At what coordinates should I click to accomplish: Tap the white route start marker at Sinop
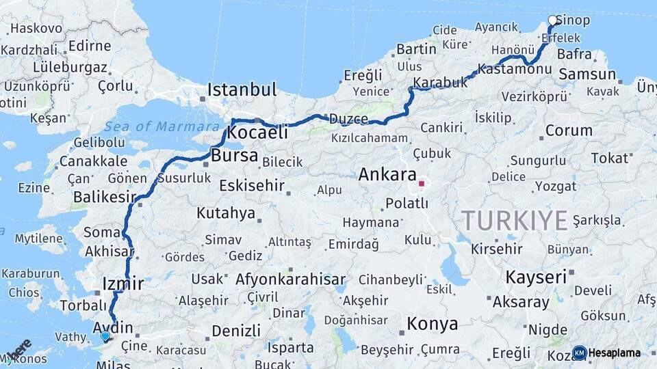coord(553,20)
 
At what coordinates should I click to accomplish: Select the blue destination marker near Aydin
coord(105,336)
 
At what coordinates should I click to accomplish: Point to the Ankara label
coord(387,174)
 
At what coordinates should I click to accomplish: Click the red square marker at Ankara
coord(422,183)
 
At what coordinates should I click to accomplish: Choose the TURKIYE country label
coord(514,220)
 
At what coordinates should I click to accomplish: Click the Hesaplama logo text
coord(615,353)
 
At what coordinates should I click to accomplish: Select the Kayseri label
coord(536,277)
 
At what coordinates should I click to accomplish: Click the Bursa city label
coord(234,156)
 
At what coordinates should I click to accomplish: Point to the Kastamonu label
coord(514,70)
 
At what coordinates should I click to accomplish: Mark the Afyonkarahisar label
coord(290,279)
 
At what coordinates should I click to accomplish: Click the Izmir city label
coord(122,283)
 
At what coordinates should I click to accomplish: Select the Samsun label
coord(587,74)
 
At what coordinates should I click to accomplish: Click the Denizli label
coord(235,331)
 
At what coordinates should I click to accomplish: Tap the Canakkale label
coord(93,161)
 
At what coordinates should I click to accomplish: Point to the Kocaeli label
coord(257,133)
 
